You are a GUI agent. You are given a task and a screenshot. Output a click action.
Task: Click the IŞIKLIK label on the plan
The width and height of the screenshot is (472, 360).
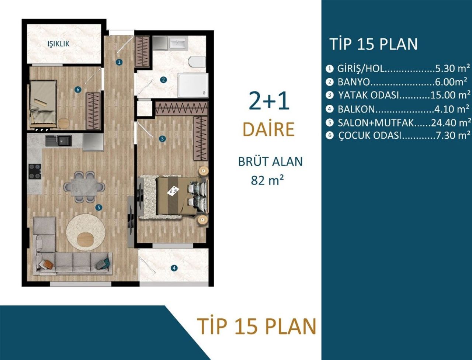click(58, 44)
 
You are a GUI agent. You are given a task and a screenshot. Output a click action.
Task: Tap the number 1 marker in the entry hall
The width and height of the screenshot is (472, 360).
click(119, 62)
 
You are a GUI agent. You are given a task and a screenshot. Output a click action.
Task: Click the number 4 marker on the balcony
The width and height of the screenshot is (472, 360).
click(174, 268)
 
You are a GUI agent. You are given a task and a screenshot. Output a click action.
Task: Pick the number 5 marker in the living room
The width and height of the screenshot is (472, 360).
click(98, 207)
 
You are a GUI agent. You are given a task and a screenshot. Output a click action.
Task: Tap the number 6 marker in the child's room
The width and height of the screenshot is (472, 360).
click(77, 89)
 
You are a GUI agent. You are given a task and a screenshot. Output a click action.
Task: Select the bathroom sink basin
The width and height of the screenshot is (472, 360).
click(178, 44)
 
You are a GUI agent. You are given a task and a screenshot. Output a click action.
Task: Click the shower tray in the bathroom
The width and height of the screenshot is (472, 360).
click(193, 85)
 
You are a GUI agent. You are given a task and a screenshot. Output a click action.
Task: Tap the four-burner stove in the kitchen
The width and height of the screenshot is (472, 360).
click(35, 171)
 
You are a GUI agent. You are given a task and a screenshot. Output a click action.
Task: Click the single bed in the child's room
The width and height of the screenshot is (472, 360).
click(43, 104)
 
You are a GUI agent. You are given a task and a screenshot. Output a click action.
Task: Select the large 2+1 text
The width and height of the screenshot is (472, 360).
click(269, 101)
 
